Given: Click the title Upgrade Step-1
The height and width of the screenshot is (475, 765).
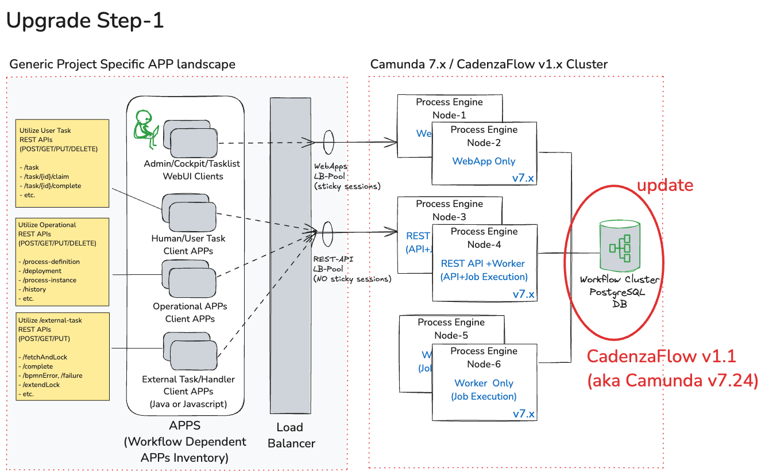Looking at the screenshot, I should point(85,21).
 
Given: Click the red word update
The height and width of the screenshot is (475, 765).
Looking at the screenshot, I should point(665,185).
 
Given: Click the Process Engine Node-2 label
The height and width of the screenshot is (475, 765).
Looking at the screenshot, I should point(484,136).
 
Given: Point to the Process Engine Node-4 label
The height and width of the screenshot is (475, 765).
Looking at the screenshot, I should point(484,238).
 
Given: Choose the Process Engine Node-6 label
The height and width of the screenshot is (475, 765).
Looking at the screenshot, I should point(484,358).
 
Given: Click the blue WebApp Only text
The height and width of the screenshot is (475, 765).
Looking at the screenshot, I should point(484,162).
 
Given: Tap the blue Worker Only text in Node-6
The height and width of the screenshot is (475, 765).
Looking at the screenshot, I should point(484,383).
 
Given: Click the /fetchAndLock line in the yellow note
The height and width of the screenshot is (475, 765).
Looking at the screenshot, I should point(43,357).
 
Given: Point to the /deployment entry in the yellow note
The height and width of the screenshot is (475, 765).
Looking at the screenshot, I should point(41,271).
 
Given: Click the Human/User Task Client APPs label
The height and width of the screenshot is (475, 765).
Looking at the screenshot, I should point(188,245).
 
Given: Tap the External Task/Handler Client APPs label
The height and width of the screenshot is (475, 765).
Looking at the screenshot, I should point(188,386).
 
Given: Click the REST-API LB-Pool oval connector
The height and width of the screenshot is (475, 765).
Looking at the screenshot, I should point(329,232).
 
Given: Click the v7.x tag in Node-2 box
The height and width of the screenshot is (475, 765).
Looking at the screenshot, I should point(523,178).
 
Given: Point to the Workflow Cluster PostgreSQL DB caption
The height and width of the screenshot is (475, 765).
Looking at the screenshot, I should point(620,292).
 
